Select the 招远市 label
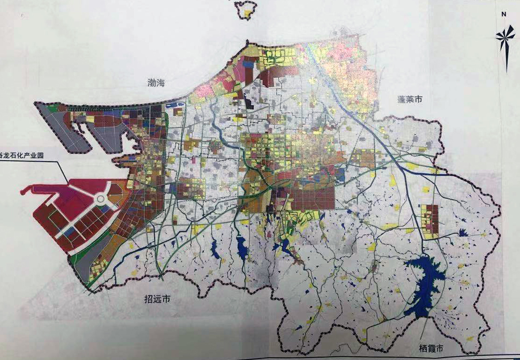click(x=157, y=300)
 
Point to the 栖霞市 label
click(x=432, y=349)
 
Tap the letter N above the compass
click(x=504, y=14)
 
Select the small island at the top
click(x=246, y=9)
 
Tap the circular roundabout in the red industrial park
click(x=101, y=200)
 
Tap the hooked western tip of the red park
click(x=26, y=190)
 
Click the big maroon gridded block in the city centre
click(x=312, y=199)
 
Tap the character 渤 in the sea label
click(x=152, y=83)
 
